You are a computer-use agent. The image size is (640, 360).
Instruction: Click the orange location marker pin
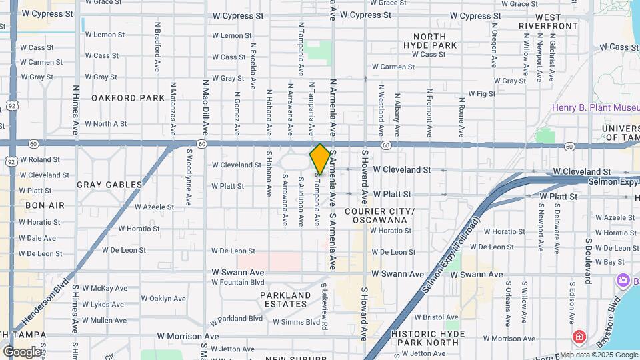320,159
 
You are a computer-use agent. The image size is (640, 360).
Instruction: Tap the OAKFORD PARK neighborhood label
128,98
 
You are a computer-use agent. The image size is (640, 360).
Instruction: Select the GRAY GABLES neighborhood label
109,185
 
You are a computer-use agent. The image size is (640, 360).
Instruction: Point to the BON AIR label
45,205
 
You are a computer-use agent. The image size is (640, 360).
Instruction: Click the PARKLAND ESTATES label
285,299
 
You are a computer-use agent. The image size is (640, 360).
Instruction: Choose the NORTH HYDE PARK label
435,41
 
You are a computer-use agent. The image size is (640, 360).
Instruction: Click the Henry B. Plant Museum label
595,108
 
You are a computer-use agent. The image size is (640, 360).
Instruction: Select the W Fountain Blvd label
239,282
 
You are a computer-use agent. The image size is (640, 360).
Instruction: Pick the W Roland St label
40,160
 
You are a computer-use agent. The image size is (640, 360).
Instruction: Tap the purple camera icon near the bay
624,281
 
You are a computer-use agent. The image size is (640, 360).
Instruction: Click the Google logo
22,351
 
